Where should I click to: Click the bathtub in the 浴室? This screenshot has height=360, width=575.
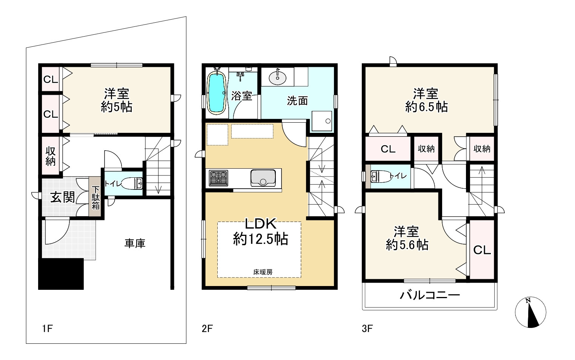pos(217,93)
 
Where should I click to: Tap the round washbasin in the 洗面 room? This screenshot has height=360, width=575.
pos(277,77)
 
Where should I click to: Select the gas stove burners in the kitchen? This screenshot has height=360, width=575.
pos(218,178)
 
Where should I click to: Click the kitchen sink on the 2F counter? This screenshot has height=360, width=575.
pos(263,178)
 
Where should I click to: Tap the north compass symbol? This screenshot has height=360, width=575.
pos(530,312)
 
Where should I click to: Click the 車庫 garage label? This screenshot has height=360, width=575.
pos(135,243)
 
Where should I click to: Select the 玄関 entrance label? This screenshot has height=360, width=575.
pos(63,197)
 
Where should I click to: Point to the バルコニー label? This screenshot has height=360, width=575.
pos(430,295)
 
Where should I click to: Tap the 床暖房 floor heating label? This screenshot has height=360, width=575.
pos(263,272)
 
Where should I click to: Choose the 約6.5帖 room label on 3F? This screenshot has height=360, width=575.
pos(426,106)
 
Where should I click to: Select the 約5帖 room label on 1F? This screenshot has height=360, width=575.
pos(117,106)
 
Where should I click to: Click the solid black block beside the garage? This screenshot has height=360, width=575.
pos(61,274)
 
